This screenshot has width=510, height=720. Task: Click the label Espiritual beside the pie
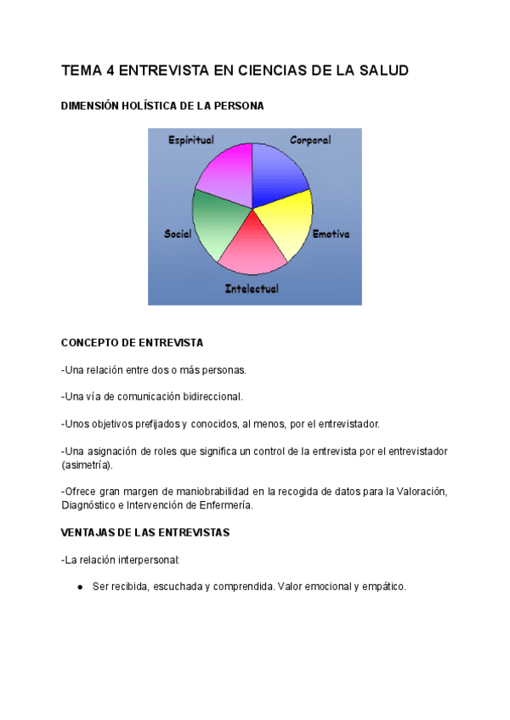coord(191,140)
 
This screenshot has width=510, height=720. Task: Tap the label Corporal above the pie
coord(310,140)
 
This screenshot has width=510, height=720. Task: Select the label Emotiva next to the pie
coord(331,233)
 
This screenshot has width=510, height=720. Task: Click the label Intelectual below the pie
coord(252,289)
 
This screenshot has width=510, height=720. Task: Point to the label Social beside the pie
coord(178,233)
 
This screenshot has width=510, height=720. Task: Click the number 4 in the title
coord(108,70)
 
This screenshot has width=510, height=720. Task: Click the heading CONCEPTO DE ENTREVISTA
coord(132,342)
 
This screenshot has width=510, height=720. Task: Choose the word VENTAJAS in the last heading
coord(89,532)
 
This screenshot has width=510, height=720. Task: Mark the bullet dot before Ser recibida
coord(79,587)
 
